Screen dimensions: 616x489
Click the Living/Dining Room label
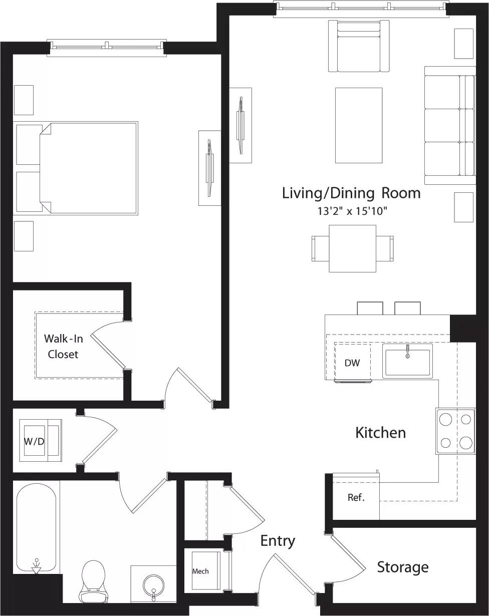click(x=351, y=193)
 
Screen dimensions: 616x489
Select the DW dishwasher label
click(x=352, y=363)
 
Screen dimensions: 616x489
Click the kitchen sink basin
click(x=407, y=361)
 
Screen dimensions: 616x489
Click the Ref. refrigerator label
click(x=356, y=498)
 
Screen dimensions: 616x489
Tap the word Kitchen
click(x=380, y=432)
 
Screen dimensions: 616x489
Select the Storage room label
click(x=402, y=567)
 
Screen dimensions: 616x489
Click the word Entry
click(x=278, y=541)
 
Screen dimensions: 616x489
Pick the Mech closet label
click(x=200, y=571)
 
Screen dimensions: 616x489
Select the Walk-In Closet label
click(x=63, y=346)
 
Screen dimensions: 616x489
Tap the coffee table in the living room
click(x=359, y=125)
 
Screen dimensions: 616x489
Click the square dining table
click(x=352, y=248)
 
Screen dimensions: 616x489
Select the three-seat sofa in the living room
click(x=449, y=125)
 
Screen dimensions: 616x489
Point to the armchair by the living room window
click(x=359, y=47)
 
